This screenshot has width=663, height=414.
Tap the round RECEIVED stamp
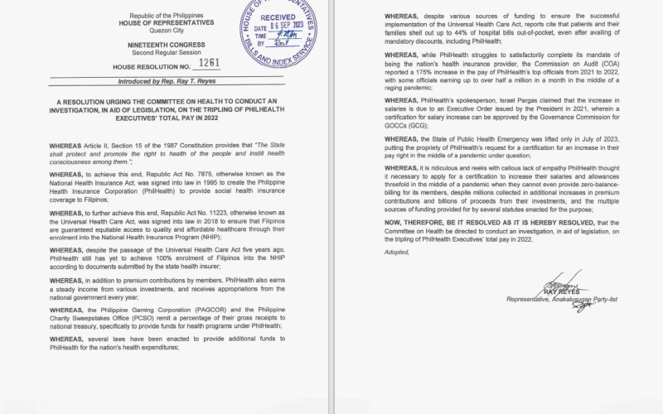coord(279,31)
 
